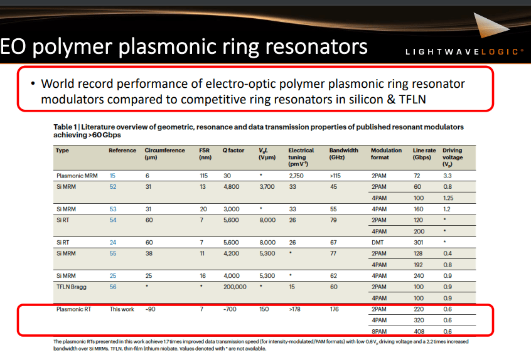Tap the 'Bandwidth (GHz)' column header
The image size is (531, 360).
pos(343,154)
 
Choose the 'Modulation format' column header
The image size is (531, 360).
pos(385,154)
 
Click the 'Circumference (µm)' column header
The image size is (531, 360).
pos(164,154)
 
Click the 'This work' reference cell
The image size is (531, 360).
pos(122,309)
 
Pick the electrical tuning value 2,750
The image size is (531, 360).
pos(297,176)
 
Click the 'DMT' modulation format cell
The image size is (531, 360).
pos(378,242)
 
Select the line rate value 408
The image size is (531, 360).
pos(418,331)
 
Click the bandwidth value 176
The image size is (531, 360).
pos(335,309)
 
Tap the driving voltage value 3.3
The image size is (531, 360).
pos(447,176)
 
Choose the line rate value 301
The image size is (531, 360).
pos(418,242)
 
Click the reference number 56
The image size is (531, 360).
pos(113,286)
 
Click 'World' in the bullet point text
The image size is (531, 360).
pos(58,83)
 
